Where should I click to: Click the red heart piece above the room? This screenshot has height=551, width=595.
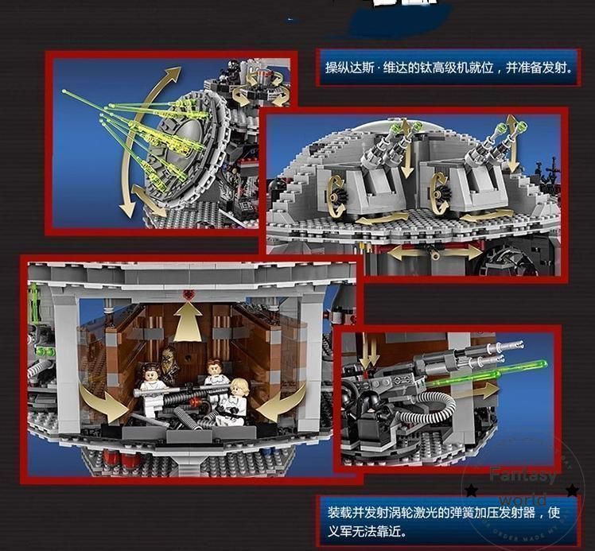[189, 295]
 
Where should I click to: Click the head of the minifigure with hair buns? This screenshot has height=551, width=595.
[149, 374]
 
